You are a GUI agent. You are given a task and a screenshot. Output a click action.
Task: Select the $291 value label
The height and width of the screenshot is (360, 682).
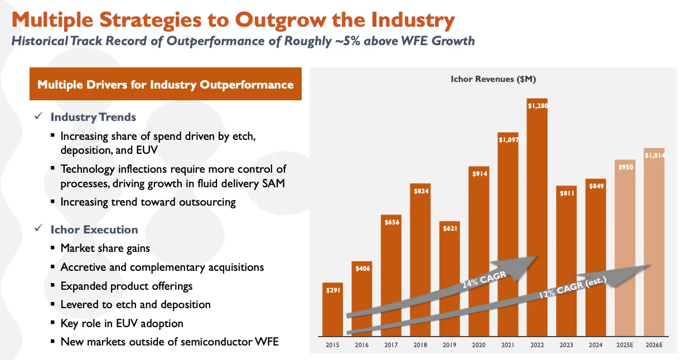click(x=332, y=290)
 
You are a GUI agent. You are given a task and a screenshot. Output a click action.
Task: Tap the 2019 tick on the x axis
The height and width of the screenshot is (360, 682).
click(x=449, y=345)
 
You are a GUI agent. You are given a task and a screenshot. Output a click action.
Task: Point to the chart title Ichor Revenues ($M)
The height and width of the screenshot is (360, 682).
click(x=493, y=80)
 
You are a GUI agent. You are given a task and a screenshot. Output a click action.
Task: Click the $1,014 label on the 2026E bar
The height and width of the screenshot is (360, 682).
click(x=654, y=155)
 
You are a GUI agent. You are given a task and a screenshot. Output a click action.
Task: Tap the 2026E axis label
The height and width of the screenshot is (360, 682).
click(x=654, y=345)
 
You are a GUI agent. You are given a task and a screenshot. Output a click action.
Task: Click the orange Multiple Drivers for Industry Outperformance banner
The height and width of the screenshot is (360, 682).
click(x=166, y=85)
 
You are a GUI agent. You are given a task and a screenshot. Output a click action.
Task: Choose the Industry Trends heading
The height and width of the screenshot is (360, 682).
click(x=93, y=117)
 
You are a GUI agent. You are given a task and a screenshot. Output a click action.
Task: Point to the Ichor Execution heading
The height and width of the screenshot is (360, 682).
click(x=94, y=230)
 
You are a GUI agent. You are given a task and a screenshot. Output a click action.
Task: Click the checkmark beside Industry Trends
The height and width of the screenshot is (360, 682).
click(x=38, y=117)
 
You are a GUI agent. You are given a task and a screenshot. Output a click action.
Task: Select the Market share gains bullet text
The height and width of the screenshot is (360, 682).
click(x=105, y=248)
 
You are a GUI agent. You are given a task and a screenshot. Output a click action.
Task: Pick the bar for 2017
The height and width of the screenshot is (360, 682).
click(x=391, y=279)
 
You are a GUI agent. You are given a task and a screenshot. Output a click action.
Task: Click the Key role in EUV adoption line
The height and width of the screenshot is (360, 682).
click(x=122, y=323)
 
